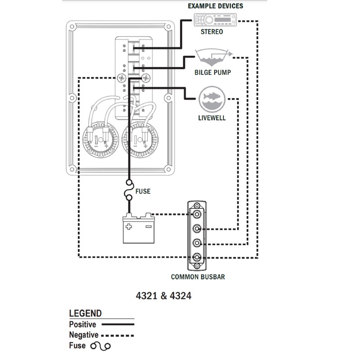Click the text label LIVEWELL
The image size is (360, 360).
click(x=211, y=119)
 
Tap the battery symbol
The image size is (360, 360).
click(x=138, y=229)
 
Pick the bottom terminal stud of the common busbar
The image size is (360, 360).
click(x=197, y=257)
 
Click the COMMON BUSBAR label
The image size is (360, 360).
click(x=198, y=277)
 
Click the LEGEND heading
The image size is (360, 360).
click(x=85, y=314)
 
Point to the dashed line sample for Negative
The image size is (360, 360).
click(x=119, y=335)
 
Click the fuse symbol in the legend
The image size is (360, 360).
click(x=100, y=346)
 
